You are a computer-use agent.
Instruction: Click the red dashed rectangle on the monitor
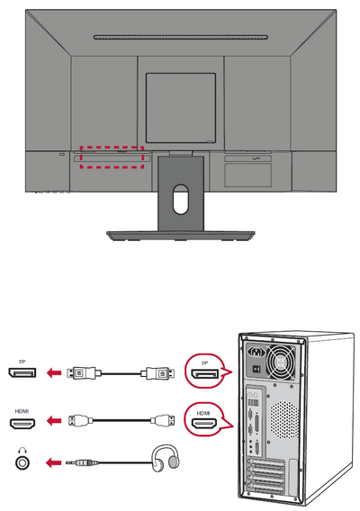pyautogui.click(x=112, y=147)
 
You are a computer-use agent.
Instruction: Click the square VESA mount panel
pyautogui.click(x=181, y=108)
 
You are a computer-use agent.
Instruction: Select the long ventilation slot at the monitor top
pyautogui.click(x=181, y=37)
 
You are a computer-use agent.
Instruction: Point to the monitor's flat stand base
pyautogui.click(x=181, y=236)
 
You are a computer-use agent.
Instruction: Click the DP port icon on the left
pyautogui.click(x=22, y=372)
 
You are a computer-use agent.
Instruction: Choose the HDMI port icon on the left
pyautogui.click(x=22, y=423)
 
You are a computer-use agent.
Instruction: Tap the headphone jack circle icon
pyautogui.click(x=22, y=462)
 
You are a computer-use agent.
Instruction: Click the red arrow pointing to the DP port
pyautogui.click(x=54, y=372)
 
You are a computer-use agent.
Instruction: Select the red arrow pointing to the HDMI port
pyautogui.click(x=54, y=421)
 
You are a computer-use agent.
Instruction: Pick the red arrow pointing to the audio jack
pyautogui.click(x=54, y=462)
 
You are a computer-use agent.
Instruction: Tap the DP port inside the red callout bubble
pyautogui.click(x=205, y=374)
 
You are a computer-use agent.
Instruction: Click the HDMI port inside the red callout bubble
pyautogui.click(x=203, y=424)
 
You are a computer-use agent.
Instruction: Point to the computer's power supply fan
pyautogui.click(x=281, y=361)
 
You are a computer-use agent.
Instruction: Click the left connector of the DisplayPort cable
pyautogui.click(x=82, y=372)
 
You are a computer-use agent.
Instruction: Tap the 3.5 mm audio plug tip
pyautogui.click(x=67, y=462)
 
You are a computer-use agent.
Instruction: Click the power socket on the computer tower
pyautogui.click(x=257, y=352)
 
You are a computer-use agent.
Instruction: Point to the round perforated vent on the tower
pyautogui.click(x=285, y=420)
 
